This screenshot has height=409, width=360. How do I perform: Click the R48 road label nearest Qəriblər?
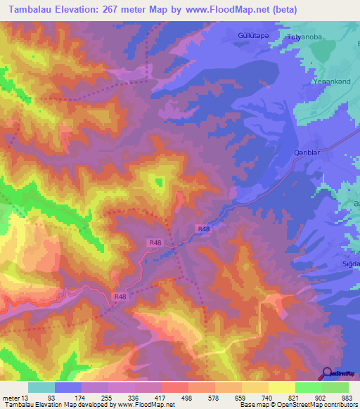click(203, 229)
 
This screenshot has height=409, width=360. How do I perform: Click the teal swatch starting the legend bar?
click(41, 387)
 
